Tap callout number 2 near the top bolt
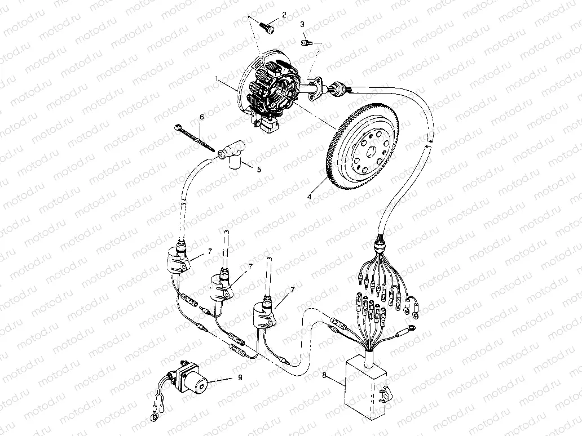(x=284, y=14)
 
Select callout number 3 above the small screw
(x=302, y=24)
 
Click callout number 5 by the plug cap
(x=258, y=169)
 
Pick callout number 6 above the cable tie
(x=201, y=117)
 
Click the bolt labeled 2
(x=268, y=25)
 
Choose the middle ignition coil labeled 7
(x=221, y=286)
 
